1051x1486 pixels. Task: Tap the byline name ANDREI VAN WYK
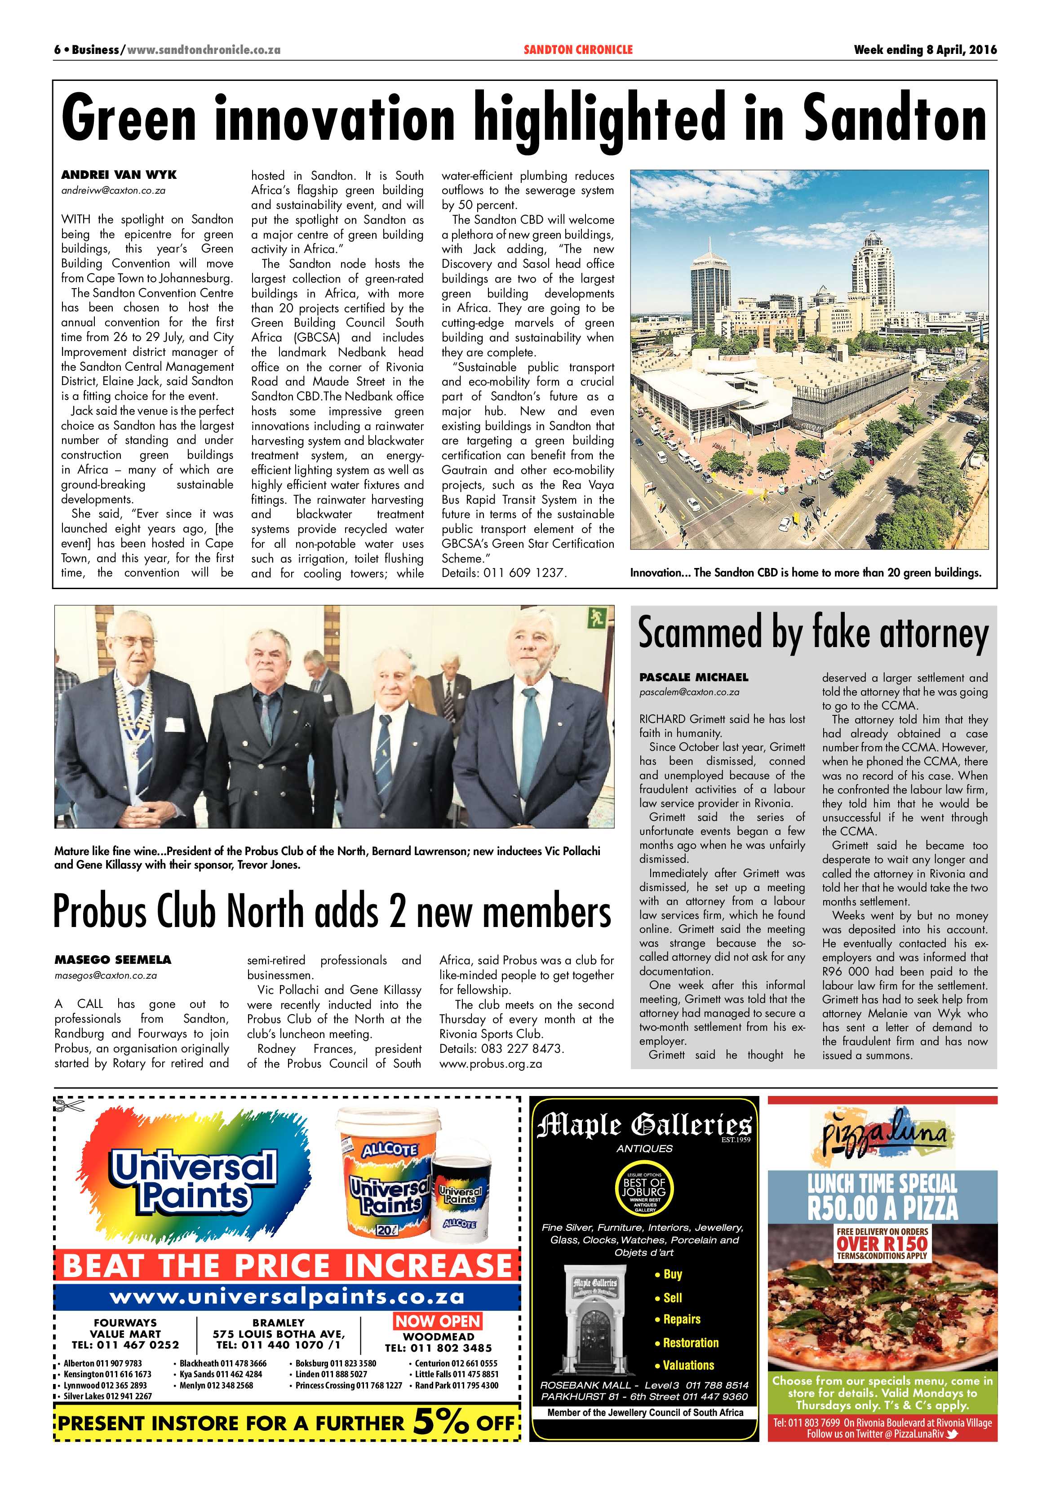(119, 175)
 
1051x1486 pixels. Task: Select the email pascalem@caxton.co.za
(689, 692)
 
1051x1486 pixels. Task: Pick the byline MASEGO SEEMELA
(113, 959)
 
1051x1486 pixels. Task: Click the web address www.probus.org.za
(491, 1063)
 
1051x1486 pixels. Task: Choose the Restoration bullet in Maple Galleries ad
(690, 1342)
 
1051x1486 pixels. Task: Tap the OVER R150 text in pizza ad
(882, 1243)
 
